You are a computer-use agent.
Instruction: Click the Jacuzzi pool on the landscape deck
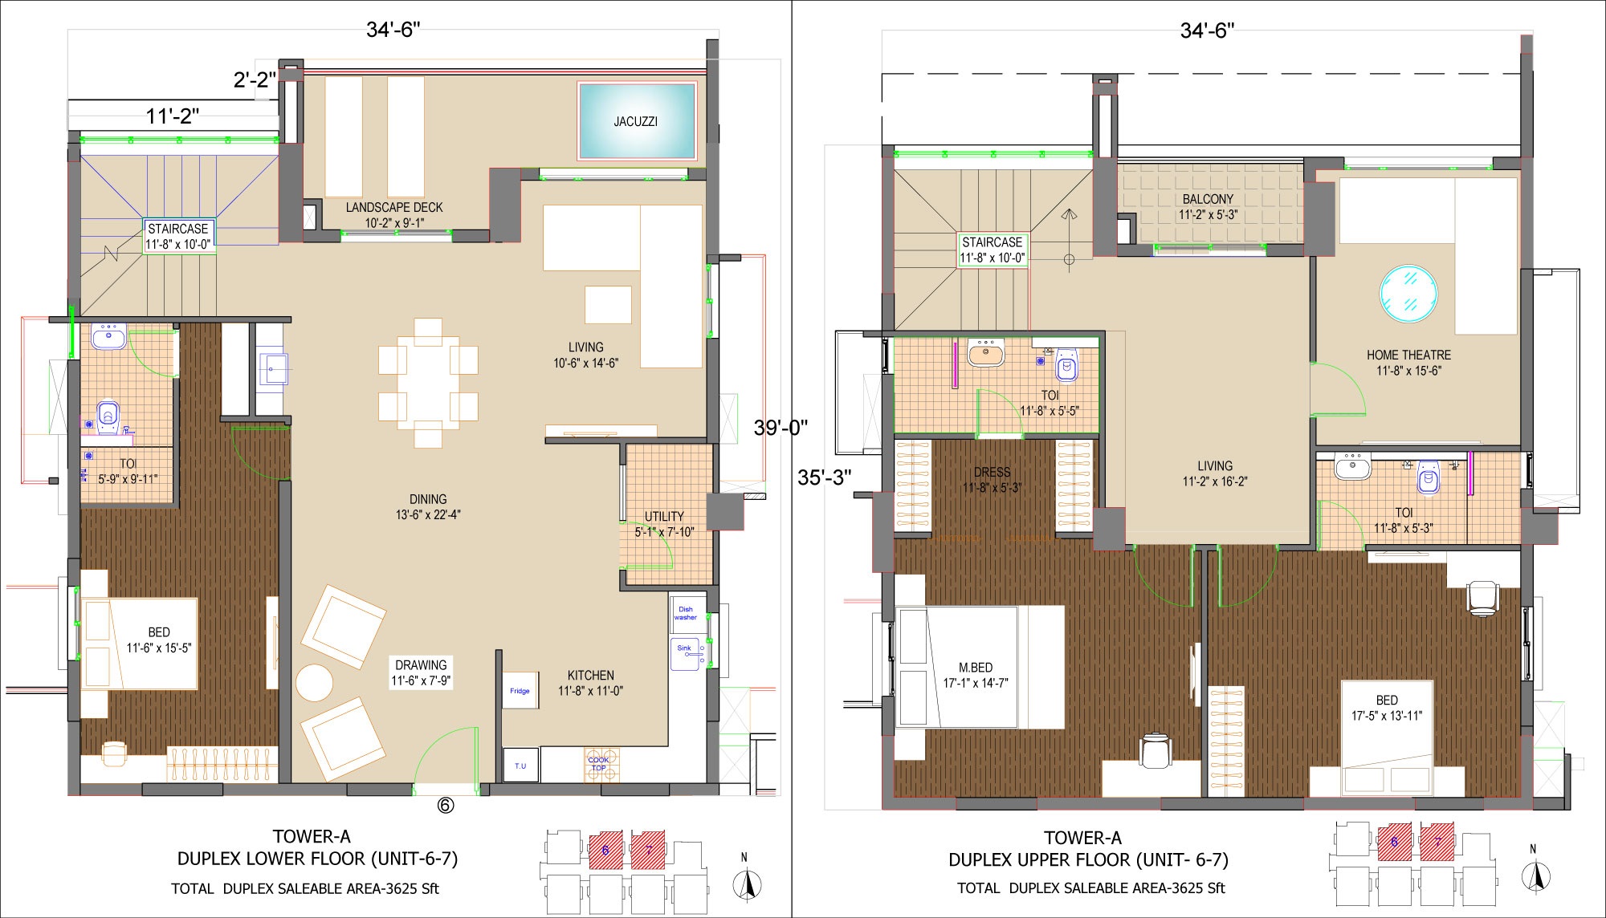(x=637, y=121)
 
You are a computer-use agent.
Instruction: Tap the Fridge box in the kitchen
(x=520, y=690)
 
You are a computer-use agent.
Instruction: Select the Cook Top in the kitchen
(x=599, y=765)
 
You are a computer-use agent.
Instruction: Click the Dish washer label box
(x=686, y=614)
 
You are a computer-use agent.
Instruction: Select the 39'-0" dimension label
(x=781, y=428)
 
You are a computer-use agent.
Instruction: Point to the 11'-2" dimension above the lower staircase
(x=173, y=117)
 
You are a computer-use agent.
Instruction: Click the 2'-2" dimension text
(x=255, y=79)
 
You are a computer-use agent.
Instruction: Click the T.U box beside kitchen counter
(x=520, y=766)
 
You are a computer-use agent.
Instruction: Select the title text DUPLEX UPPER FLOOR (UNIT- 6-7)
(x=1088, y=860)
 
